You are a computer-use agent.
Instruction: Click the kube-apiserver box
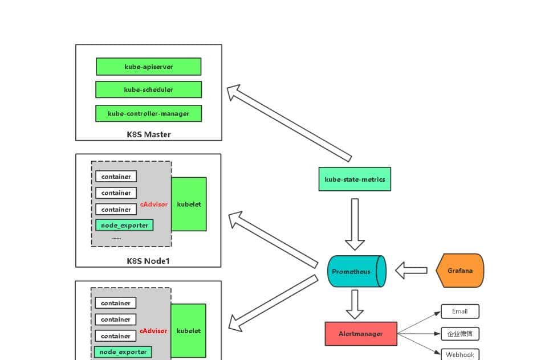click(148, 67)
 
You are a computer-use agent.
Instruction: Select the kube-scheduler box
click(148, 89)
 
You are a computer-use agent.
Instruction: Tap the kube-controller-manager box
click(148, 113)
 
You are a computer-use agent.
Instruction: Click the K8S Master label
click(148, 134)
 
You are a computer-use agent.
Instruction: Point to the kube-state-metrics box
click(355, 179)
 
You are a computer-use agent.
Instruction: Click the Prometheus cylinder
click(355, 272)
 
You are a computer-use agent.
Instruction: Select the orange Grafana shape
click(460, 271)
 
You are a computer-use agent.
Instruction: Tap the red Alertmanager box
click(360, 334)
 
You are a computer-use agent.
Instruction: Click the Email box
click(460, 311)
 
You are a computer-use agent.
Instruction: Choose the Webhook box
click(460, 354)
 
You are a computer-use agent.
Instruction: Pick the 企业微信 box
click(460, 333)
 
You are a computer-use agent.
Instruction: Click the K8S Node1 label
click(148, 261)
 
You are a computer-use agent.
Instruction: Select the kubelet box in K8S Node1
click(189, 204)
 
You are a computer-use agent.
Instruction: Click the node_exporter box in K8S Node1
click(124, 225)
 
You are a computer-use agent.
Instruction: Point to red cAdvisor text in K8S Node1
click(154, 204)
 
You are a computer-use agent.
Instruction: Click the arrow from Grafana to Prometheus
click(412, 271)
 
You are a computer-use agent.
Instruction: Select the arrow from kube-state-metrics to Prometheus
click(355, 223)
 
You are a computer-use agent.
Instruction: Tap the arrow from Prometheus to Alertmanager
click(355, 304)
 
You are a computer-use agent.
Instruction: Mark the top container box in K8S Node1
click(116, 177)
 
